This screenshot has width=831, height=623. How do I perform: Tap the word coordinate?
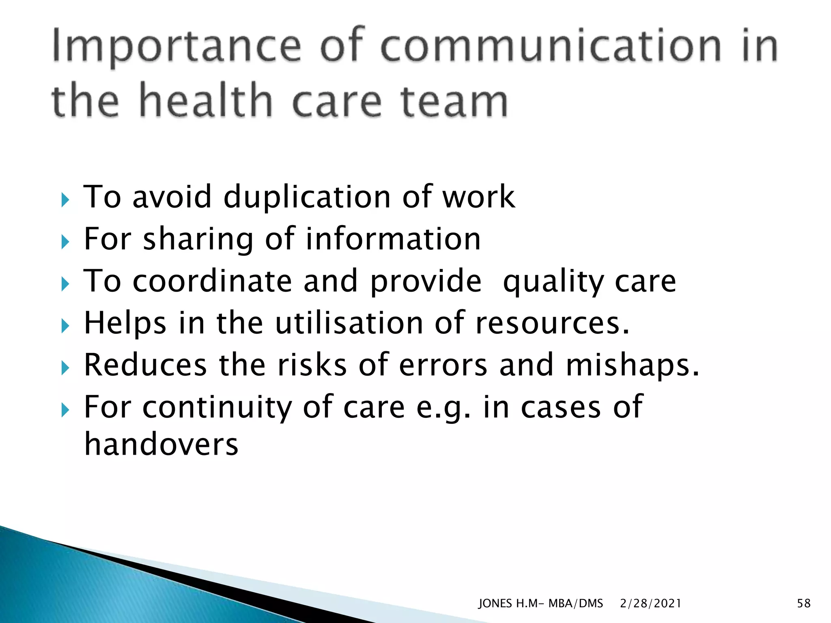[x=212, y=281]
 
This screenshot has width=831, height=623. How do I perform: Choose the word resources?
[x=552, y=324]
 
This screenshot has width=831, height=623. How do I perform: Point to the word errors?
[x=443, y=365]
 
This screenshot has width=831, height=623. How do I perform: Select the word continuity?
[x=217, y=407]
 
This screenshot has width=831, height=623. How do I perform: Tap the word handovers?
[x=161, y=444]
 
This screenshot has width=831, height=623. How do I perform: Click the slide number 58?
[x=803, y=604]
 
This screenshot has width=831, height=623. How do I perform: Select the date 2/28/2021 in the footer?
[x=650, y=604]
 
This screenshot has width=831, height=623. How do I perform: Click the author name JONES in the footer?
[x=495, y=604]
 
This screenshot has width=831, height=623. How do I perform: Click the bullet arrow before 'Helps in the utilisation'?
[x=65, y=326]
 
